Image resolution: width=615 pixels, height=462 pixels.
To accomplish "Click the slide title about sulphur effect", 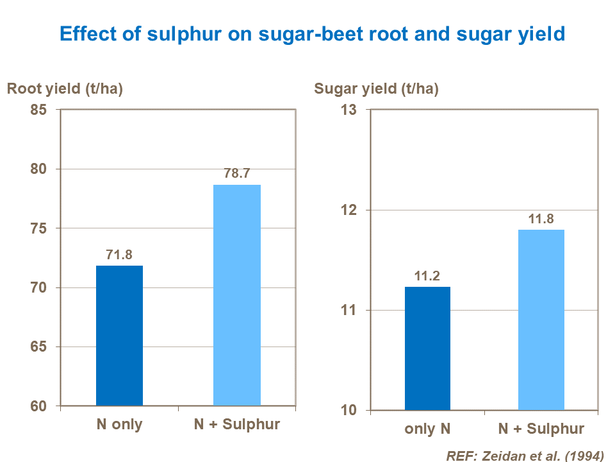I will point(312,33).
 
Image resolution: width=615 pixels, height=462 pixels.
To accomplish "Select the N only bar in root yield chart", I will point(119,336).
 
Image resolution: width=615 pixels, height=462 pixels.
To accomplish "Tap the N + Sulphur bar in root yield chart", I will point(236,295).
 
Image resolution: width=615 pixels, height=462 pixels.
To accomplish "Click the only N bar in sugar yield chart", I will point(427,348).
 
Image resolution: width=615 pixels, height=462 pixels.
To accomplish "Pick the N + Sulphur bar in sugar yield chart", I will point(541,320).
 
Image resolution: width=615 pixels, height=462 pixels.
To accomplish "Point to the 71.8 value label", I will point(119,255).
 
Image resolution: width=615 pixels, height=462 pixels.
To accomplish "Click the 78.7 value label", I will point(236,174).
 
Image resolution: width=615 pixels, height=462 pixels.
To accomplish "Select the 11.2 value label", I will point(427,276).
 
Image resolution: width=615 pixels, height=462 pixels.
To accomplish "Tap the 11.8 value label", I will point(541,219).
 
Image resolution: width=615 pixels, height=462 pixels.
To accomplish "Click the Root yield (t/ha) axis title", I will point(65,89).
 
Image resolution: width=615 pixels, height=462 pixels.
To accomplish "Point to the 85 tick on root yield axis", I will point(39,110).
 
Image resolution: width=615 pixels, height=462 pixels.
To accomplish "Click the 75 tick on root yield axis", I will point(39,228).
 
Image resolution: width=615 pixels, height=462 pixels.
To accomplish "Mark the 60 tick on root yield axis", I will point(39,406).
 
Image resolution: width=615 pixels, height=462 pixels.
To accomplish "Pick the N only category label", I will point(119,425).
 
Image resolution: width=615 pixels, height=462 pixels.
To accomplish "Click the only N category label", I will point(427,429).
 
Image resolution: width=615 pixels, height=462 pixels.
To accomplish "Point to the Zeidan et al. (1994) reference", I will point(525,456).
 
